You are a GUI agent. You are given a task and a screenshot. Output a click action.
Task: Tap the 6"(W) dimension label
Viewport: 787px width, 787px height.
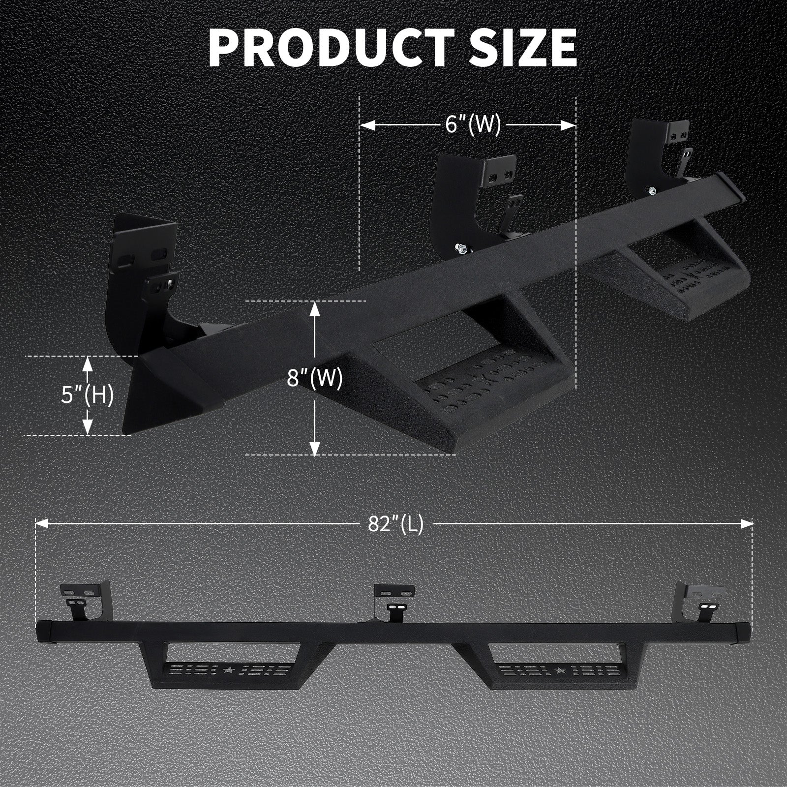[x=473, y=125]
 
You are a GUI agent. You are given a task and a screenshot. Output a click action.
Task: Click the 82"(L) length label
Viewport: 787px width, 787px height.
[x=395, y=525]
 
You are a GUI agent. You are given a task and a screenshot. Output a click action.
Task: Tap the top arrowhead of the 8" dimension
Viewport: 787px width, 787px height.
[x=315, y=308]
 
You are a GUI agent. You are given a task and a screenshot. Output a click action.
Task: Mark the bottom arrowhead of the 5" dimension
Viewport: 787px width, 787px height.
[x=88, y=427]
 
